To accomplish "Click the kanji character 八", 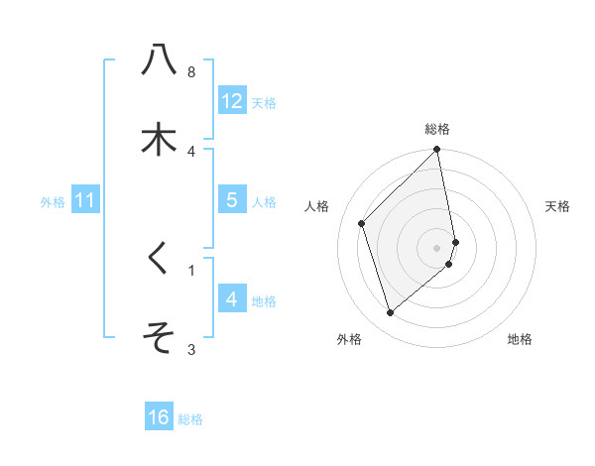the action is [160, 60].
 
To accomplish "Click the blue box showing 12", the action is [231, 101].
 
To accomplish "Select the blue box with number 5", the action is [231, 200].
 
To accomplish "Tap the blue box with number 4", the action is [231, 298].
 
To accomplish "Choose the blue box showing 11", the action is [84, 200].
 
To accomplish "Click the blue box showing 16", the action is [159, 417].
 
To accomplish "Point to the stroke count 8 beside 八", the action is [191, 72].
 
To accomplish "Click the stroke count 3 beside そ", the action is [191, 349].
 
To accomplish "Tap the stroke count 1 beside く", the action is [191, 269].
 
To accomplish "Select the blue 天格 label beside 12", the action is [264, 102].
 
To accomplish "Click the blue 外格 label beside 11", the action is [53, 201].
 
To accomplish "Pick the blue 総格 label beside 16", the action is [190, 418].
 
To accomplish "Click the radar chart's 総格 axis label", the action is [437, 129].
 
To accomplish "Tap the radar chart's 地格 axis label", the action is [520, 339].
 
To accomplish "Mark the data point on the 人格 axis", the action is [362, 223].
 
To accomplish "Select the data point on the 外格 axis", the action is [390, 313].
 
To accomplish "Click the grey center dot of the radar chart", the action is [437, 248].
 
